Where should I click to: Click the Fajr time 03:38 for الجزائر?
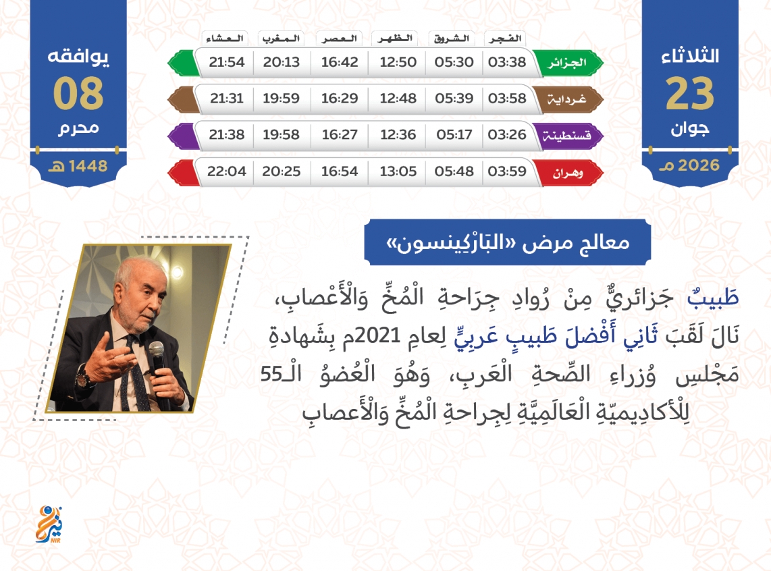[x=507, y=62]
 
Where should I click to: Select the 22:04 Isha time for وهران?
[x=226, y=171]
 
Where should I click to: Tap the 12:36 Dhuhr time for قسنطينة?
[x=398, y=134]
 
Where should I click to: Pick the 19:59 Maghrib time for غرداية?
[x=281, y=99]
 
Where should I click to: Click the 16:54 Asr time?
[x=340, y=171]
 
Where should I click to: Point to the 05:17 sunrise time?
[x=454, y=134]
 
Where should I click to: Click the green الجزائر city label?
[x=567, y=63]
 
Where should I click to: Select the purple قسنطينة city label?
[x=567, y=136]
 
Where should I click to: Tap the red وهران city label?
[x=567, y=173]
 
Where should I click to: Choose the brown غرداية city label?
[x=567, y=99]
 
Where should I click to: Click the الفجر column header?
[x=505, y=38]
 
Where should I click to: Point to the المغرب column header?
[x=281, y=38]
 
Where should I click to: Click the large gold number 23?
[x=689, y=93]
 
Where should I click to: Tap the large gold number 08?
[x=78, y=93]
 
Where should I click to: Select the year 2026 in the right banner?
[x=698, y=165]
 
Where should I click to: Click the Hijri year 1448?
[x=88, y=166]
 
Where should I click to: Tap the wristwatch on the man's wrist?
[x=82, y=376]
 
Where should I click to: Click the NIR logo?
[x=49, y=524]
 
